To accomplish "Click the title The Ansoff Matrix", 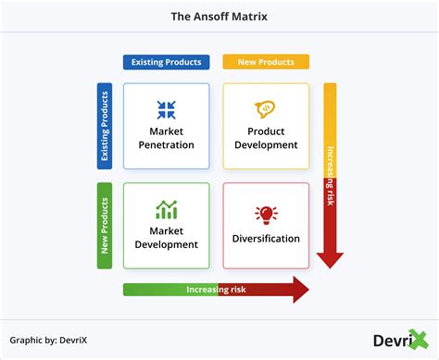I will tap(219, 17).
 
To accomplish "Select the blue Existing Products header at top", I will tap(166, 62).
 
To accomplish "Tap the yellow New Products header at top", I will tap(265, 62).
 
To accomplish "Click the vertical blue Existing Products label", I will tap(105, 127).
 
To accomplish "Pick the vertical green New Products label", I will tap(105, 226).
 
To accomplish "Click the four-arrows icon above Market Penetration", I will tap(167, 110).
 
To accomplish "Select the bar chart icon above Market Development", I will tap(167, 210).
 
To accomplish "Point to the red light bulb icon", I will tap(266, 215).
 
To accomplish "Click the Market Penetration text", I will tap(167, 138).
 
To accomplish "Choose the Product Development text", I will tap(266, 138).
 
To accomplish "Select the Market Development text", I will tap(167, 238).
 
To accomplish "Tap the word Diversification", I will tap(266, 239).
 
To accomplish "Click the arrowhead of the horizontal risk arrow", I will tap(300, 290).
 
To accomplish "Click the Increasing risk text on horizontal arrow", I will tap(215, 290).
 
